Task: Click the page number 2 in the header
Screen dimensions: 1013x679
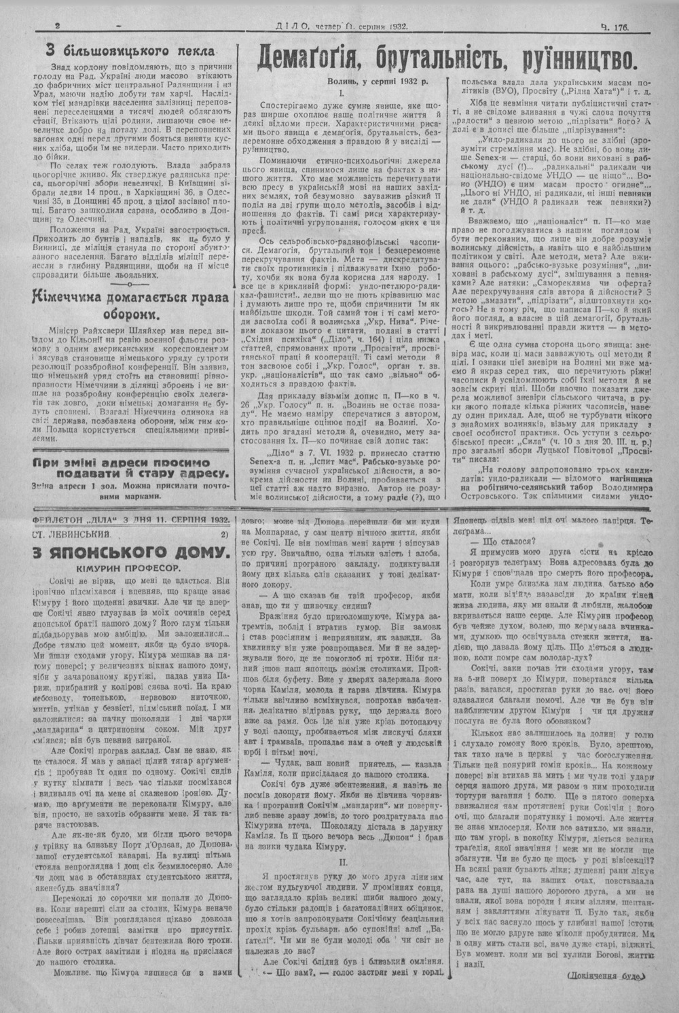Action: (58, 26)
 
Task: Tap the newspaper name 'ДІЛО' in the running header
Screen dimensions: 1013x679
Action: (294, 27)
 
